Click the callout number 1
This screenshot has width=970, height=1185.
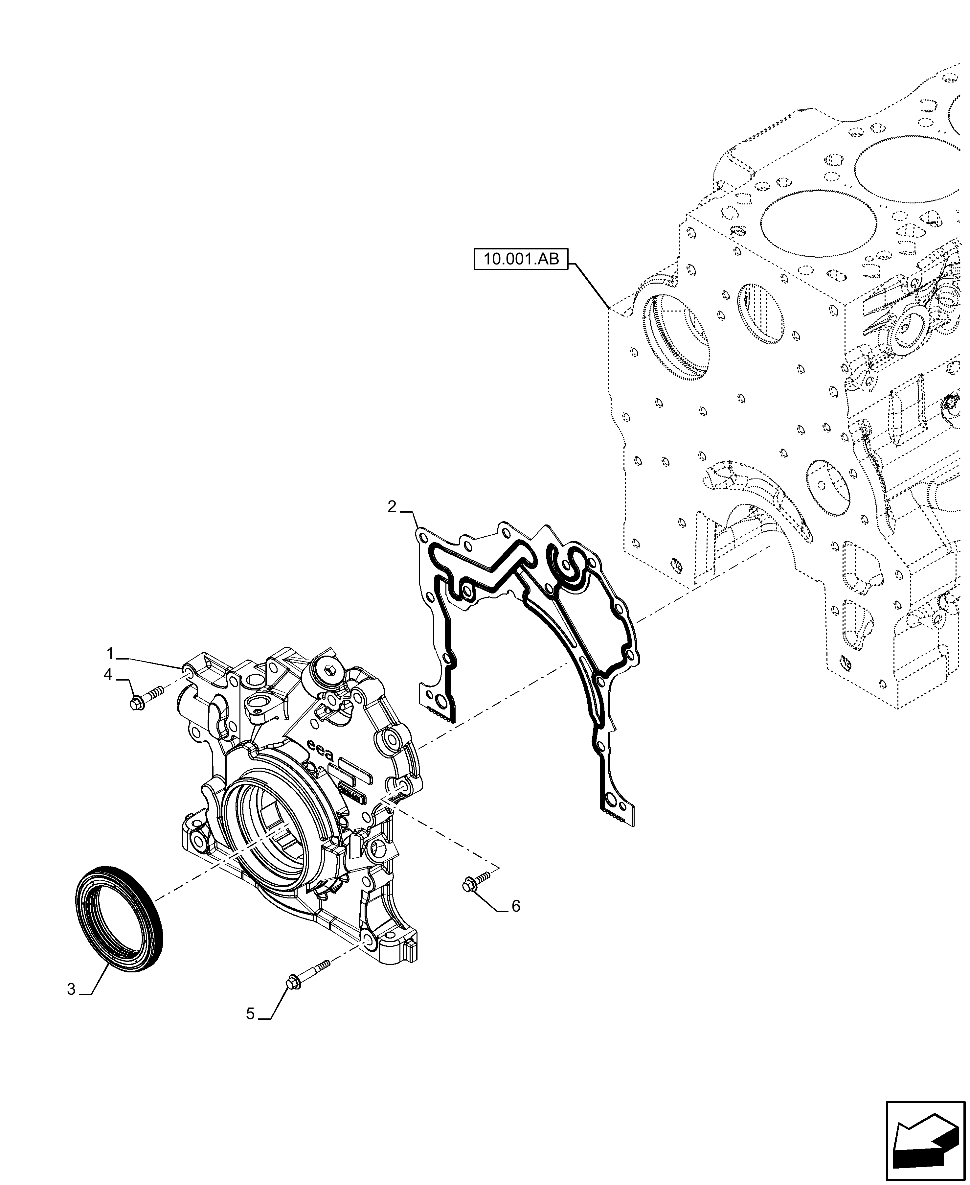click(111, 653)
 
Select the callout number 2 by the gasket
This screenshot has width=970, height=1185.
click(392, 507)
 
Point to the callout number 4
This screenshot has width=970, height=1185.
click(108, 675)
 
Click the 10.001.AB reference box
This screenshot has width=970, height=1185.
click(521, 259)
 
